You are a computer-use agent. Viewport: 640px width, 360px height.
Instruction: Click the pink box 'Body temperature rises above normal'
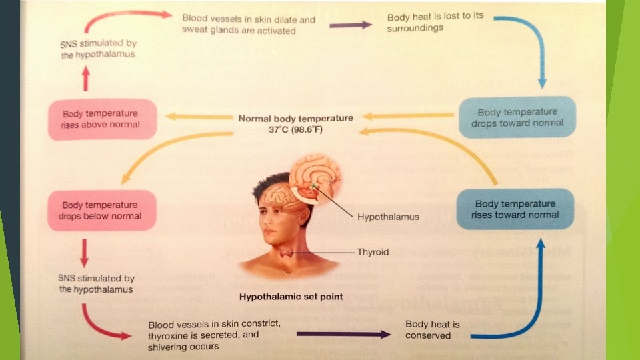pyautogui.click(x=102, y=119)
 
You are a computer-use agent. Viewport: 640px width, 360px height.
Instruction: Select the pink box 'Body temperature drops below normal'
pyautogui.click(x=102, y=210)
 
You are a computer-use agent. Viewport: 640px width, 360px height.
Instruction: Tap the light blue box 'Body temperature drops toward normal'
pyautogui.click(x=517, y=117)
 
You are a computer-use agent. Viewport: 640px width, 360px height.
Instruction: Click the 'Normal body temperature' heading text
pyautogui.click(x=295, y=118)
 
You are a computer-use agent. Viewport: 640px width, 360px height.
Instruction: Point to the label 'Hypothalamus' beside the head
pyautogui.click(x=388, y=217)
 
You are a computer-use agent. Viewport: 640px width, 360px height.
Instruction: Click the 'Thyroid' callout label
pyautogui.click(x=373, y=253)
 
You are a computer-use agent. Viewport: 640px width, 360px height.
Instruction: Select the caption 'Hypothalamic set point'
pyautogui.click(x=291, y=297)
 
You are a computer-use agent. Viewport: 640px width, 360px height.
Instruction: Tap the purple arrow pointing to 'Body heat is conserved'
pyautogui.click(x=343, y=334)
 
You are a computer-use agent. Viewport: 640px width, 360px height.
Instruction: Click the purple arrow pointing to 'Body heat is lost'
pyautogui.click(x=350, y=25)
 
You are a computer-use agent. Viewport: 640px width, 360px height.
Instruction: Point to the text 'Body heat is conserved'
pyautogui.click(x=433, y=329)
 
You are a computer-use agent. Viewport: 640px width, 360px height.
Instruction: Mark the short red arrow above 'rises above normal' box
pyautogui.click(x=85, y=81)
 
